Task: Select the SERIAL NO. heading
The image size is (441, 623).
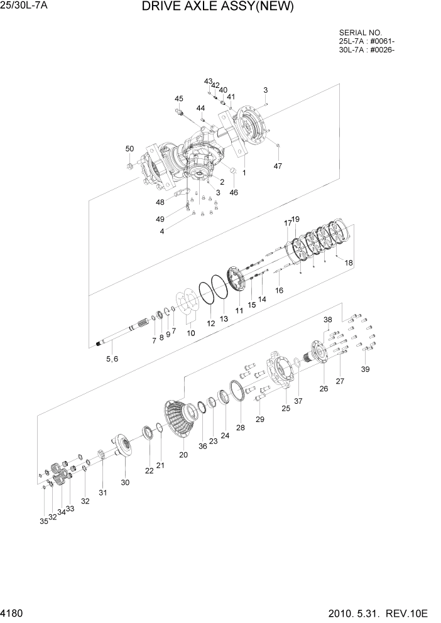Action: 360,32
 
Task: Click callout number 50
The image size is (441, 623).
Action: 129,149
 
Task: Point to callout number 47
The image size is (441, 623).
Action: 278,166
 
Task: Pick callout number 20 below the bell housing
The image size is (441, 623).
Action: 183,455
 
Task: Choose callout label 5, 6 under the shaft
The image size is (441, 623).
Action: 112,359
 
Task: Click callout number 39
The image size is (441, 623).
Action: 365,369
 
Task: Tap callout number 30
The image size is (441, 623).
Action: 125,482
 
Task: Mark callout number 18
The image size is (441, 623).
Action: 349,263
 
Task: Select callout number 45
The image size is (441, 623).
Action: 179,99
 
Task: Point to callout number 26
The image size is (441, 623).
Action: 324,388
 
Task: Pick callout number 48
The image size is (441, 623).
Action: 160,202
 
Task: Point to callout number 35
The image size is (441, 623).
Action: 43,521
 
